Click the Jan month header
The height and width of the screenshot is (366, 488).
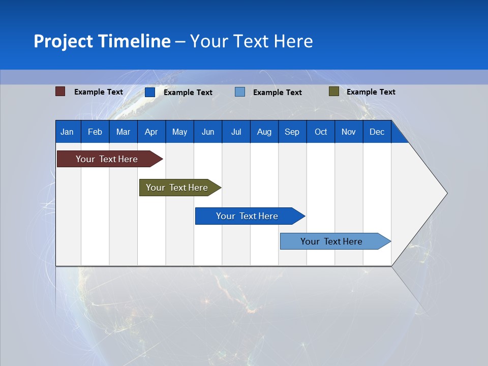(x=67, y=132)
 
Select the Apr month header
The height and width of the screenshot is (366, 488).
(x=151, y=132)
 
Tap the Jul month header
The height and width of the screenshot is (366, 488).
(x=236, y=132)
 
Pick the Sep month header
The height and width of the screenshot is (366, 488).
(x=292, y=132)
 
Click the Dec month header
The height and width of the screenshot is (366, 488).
(x=377, y=132)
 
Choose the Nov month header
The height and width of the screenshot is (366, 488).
(x=348, y=132)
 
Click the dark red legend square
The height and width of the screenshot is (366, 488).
(x=60, y=91)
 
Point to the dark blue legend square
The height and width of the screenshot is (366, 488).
(x=149, y=92)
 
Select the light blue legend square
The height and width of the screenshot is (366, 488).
(x=239, y=92)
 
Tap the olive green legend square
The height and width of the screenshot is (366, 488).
(x=333, y=91)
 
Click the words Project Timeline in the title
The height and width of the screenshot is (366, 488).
(x=102, y=41)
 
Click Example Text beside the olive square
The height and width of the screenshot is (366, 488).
(x=371, y=91)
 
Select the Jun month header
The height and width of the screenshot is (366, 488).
(x=207, y=132)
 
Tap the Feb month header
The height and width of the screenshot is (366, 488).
(x=95, y=132)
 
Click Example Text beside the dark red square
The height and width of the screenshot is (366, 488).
(x=98, y=91)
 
